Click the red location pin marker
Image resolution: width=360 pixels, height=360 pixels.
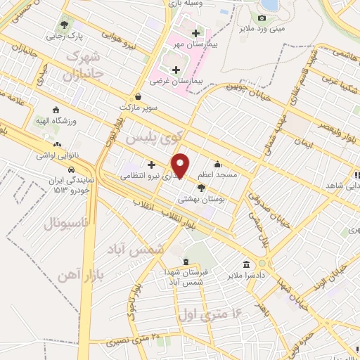pyautogui.click(x=181, y=165)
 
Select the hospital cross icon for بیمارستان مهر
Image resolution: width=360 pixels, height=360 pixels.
pyautogui.click(x=195, y=33)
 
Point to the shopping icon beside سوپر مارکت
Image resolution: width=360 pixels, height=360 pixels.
pyautogui.click(x=139, y=97)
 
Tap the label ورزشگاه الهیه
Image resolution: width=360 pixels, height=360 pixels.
pyautogui.click(x=67, y=121)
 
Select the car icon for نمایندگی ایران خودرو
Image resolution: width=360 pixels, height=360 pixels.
pyautogui.click(x=71, y=169)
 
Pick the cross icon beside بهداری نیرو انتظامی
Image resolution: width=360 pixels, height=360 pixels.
pyautogui.click(x=151, y=165)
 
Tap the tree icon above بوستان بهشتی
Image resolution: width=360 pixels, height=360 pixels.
pyautogui.click(x=202, y=188)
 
